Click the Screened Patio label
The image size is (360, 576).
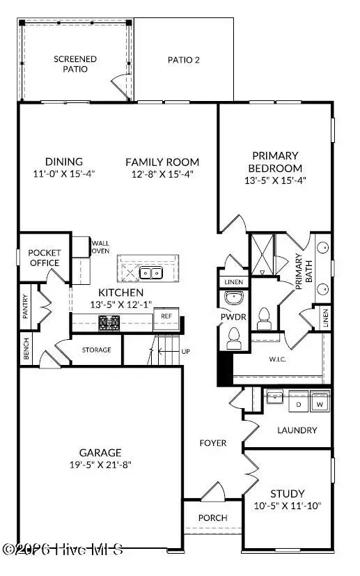[75, 64]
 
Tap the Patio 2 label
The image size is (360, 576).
[184, 60]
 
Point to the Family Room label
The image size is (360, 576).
[162, 162]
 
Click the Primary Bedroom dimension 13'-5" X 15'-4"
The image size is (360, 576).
[276, 180]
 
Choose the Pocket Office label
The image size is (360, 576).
[45, 258]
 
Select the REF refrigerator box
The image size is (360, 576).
[166, 316]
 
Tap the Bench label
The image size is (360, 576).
[26, 351]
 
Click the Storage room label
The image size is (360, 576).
[97, 350]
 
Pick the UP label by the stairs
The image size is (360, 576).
[185, 351]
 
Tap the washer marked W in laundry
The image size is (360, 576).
[320, 403]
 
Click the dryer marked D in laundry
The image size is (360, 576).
[299, 403]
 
